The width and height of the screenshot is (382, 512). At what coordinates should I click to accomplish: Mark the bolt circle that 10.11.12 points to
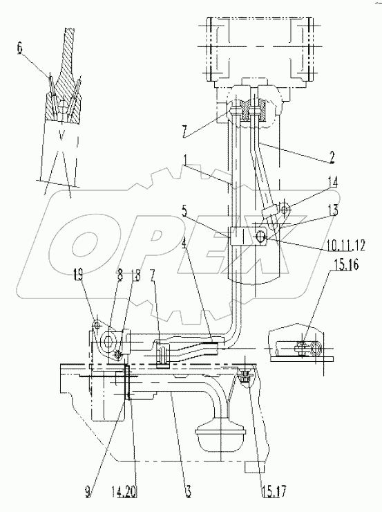point(262,237)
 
